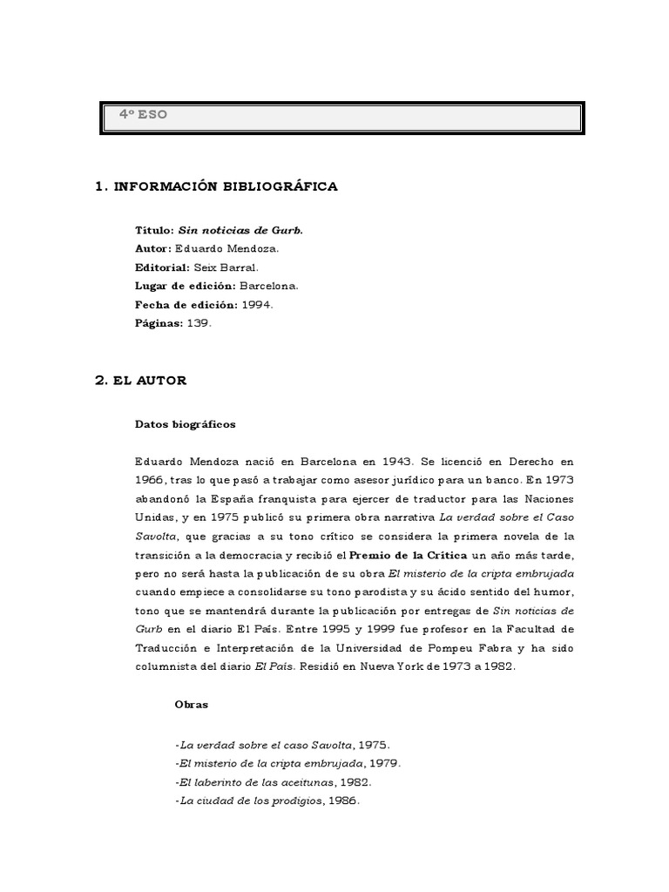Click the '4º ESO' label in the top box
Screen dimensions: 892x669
point(144,115)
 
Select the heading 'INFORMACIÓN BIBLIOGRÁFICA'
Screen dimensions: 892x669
point(226,187)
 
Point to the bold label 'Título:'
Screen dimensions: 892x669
point(155,230)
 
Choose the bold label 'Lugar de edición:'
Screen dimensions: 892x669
point(186,286)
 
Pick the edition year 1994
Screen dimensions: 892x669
point(257,304)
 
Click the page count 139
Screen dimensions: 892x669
point(196,322)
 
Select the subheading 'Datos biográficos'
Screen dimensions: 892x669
point(186,425)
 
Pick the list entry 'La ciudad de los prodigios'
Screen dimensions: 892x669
point(248,801)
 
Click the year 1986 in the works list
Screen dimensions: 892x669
point(342,801)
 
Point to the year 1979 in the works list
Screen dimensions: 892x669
point(383,764)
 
